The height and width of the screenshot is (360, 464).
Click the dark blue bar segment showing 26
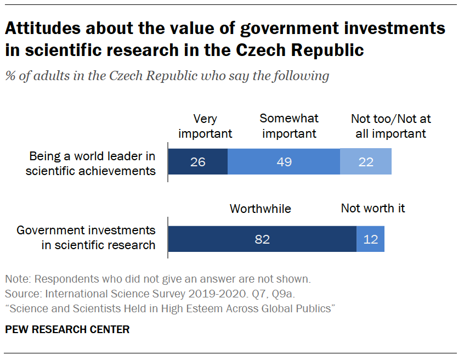click(197, 162)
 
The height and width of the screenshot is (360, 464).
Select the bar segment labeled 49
click(284, 162)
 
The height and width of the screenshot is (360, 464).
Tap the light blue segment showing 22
click(365, 162)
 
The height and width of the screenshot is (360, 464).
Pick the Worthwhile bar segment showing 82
click(262, 239)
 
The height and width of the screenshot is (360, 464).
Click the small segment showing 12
click(370, 239)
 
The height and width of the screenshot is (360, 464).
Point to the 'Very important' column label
click(205, 126)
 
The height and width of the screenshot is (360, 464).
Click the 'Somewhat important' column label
click(288, 126)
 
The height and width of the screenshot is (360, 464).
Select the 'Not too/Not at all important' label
click(388, 126)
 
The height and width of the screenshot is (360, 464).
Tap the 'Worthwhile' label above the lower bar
click(260, 209)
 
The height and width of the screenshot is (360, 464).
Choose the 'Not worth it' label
click(372, 208)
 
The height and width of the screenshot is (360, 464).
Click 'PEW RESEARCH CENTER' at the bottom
click(67, 330)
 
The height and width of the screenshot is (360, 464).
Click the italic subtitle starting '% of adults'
click(167, 76)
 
